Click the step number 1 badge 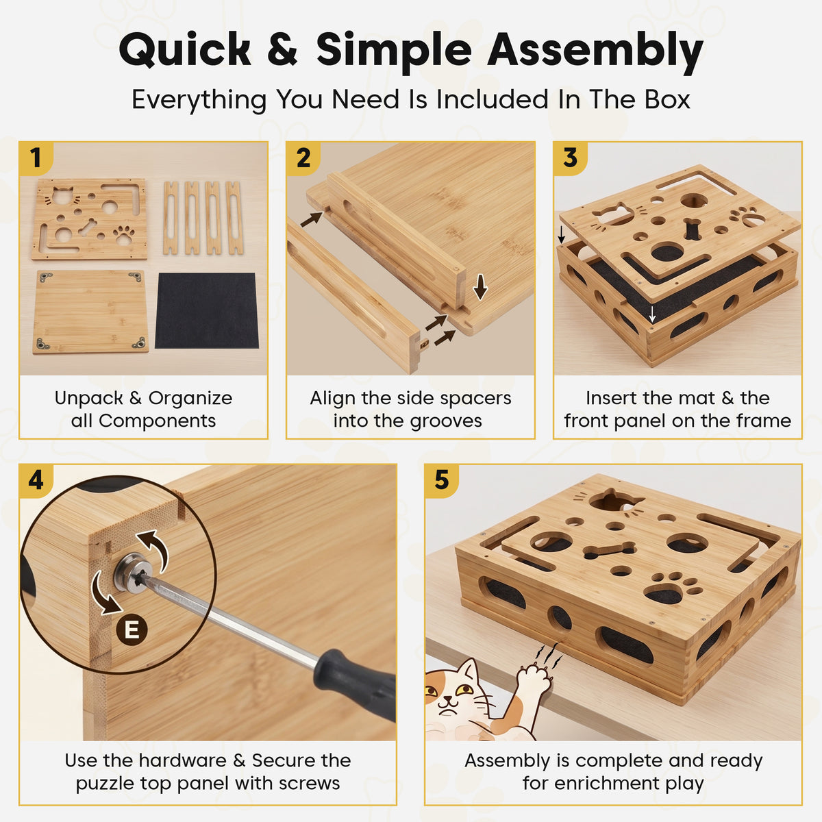(36, 158)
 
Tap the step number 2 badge (303, 158)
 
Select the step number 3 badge (571, 158)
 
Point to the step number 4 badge (36, 481)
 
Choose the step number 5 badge (442, 481)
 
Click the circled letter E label (132, 630)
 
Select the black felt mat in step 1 (206, 310)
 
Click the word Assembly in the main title (595, 51)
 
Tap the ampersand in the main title (282, 49)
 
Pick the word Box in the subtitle (667, 99)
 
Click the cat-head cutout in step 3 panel (612, 213)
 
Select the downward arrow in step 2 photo (480, 287)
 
